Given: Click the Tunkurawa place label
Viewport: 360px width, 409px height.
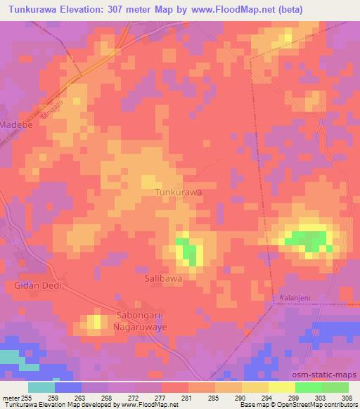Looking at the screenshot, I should click(178, 192).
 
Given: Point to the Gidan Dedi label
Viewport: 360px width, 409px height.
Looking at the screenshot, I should click(38, 286).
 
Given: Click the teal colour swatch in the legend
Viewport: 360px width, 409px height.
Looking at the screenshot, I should click(41, 387).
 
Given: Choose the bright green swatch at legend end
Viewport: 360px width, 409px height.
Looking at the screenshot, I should click(335, 387).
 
